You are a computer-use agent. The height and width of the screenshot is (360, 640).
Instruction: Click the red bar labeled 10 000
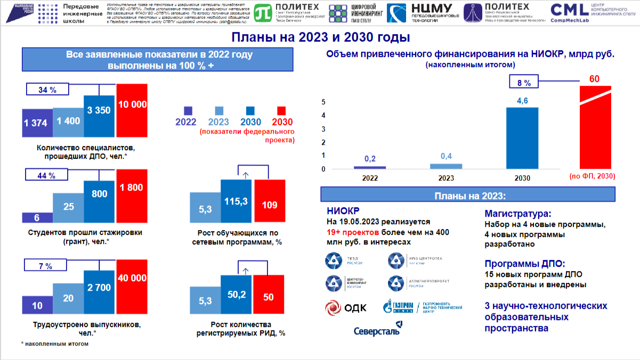tap(132, 107)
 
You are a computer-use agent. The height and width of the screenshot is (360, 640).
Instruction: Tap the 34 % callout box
tap(47, 89)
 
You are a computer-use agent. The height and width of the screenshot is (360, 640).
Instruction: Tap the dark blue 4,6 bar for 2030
tap(522, 138)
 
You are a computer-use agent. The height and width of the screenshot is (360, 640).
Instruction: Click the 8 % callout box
tap(524, 83)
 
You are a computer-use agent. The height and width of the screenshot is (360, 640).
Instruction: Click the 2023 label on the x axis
tap(446, 178)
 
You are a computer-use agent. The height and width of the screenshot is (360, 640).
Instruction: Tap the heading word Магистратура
tap(517, 214)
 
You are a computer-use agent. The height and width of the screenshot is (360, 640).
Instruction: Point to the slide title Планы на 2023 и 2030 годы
tap(320, 38)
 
